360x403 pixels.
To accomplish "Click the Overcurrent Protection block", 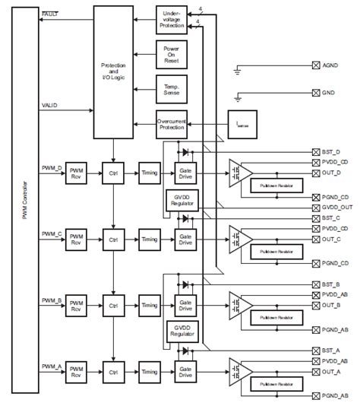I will [172, 122].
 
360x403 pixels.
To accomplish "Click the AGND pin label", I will [331, 67].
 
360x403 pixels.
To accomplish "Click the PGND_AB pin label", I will [333, 329].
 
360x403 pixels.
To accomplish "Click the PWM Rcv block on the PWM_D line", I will [77, 173].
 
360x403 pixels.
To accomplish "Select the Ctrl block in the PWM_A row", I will [115, 372].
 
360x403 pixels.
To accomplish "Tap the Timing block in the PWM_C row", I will [150, 239].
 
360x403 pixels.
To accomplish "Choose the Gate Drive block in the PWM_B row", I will [185, 306].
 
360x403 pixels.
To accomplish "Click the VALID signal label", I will [49, 104].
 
